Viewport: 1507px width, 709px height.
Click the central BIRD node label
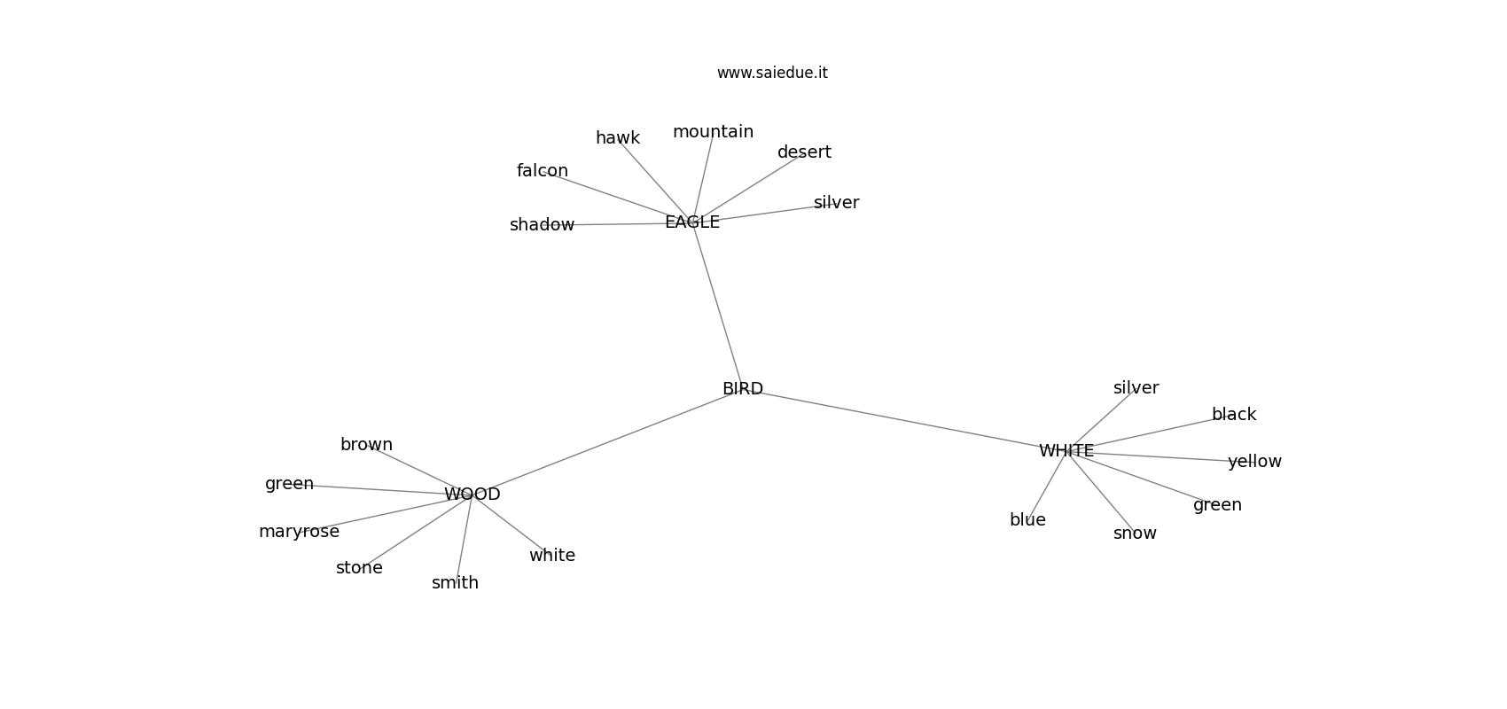(743, 389)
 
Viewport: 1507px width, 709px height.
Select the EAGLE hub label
(692, 222)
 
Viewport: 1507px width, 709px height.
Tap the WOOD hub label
(472, 495)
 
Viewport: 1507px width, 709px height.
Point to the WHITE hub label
(1066, 451)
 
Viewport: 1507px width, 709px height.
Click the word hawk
(618, 138)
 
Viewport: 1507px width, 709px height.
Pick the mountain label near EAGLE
(713, 132)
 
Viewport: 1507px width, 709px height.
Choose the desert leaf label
(805, 152)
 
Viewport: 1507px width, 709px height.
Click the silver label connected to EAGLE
(836, 202)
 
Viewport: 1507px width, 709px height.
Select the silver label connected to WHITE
(1136, 388)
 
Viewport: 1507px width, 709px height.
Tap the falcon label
(543, 171)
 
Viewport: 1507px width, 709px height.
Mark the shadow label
(543, 225)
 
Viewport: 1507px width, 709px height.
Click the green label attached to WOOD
(289, 484)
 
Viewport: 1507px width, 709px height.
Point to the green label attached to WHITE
(1218, 505)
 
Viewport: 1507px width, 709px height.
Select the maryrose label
(300, 532)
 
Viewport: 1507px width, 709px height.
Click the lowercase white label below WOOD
(552, 556)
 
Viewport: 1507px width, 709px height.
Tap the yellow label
(1254, 462)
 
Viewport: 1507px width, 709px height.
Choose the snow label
(1135, 534)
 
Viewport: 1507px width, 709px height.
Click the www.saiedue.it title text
(772, 73)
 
